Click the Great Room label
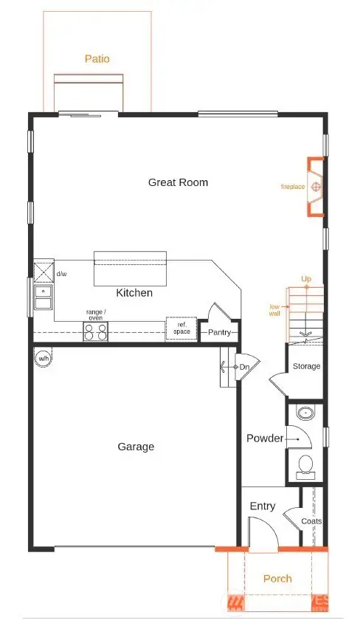tap(178, 182)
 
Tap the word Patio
tap(97, 58)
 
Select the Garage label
tap(136, 447)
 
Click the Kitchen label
tap(134, 293)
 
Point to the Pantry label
tap(219, 333)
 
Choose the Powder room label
tap(265, 438)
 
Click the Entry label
tap(263, 506)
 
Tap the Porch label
tap(277, 578)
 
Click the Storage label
tap(306, 366)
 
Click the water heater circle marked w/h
tap(43, 359)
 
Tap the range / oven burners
tap(96, 332)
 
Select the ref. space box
tap(181, 328)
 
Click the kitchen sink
tap(43, 297)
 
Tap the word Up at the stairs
tap(305, 279)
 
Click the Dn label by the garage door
tap(243, 367)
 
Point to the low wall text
tap(274, 309)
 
